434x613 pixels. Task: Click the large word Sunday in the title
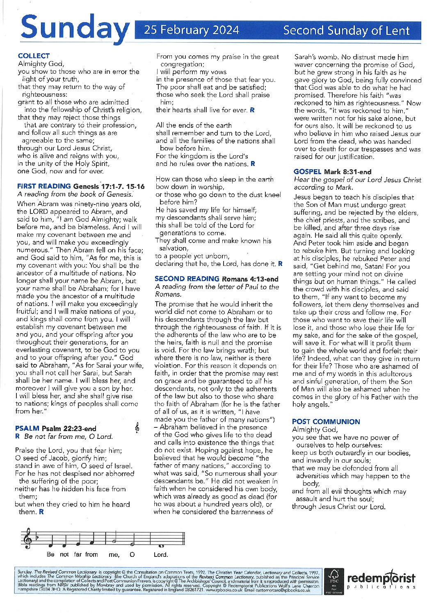pyautogui.click(x=74, y=28)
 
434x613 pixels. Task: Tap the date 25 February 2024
pyautogui.click(x=191, y=30)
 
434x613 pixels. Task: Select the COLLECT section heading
pyautogui.click(x=34, y=56)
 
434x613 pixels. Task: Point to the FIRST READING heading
pyautogui.click(x=44, y=186)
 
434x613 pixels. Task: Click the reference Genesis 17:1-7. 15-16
pyautogui.click(x=109, y=186)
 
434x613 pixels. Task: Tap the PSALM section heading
pyautogui.click(x=27, y=429)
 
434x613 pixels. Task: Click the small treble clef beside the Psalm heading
pyautogui.click(x=137, y=428)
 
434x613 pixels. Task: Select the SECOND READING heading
pyautogui.click(x=187, y=279)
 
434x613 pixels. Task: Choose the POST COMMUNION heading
pyautogui.click(x=326, y=422)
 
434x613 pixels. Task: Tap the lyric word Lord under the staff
pyautogui.click(x=160, y=555)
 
